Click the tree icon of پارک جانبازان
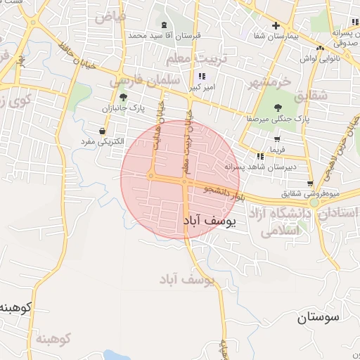[x=124, y=98]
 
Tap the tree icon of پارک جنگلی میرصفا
[x=278, y=108]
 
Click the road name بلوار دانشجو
[x=223, y=191]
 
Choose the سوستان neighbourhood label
[x=318, y=317]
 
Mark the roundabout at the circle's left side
[x=150, y=175]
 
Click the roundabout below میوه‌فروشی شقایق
[x=314, y=202]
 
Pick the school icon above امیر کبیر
[x=202, y=76]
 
